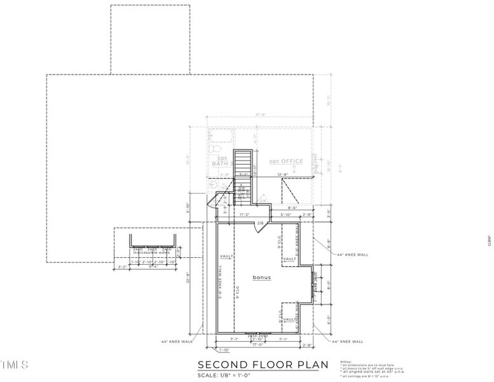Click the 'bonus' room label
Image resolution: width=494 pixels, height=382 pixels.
click(261, 278)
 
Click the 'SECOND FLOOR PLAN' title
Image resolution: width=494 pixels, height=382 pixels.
click(263, 365)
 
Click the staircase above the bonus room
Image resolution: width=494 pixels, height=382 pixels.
click(244, 172)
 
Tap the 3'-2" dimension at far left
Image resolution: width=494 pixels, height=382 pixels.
click(122, 268)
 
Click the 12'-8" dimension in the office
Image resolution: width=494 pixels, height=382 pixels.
click(282, 174)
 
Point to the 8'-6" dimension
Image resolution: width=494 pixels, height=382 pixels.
click(293, 207)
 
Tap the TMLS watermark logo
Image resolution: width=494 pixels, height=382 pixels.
click(14, 365)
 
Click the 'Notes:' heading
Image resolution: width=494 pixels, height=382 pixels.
click(346, 360)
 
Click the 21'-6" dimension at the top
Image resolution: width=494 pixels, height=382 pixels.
click(261, 115)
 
